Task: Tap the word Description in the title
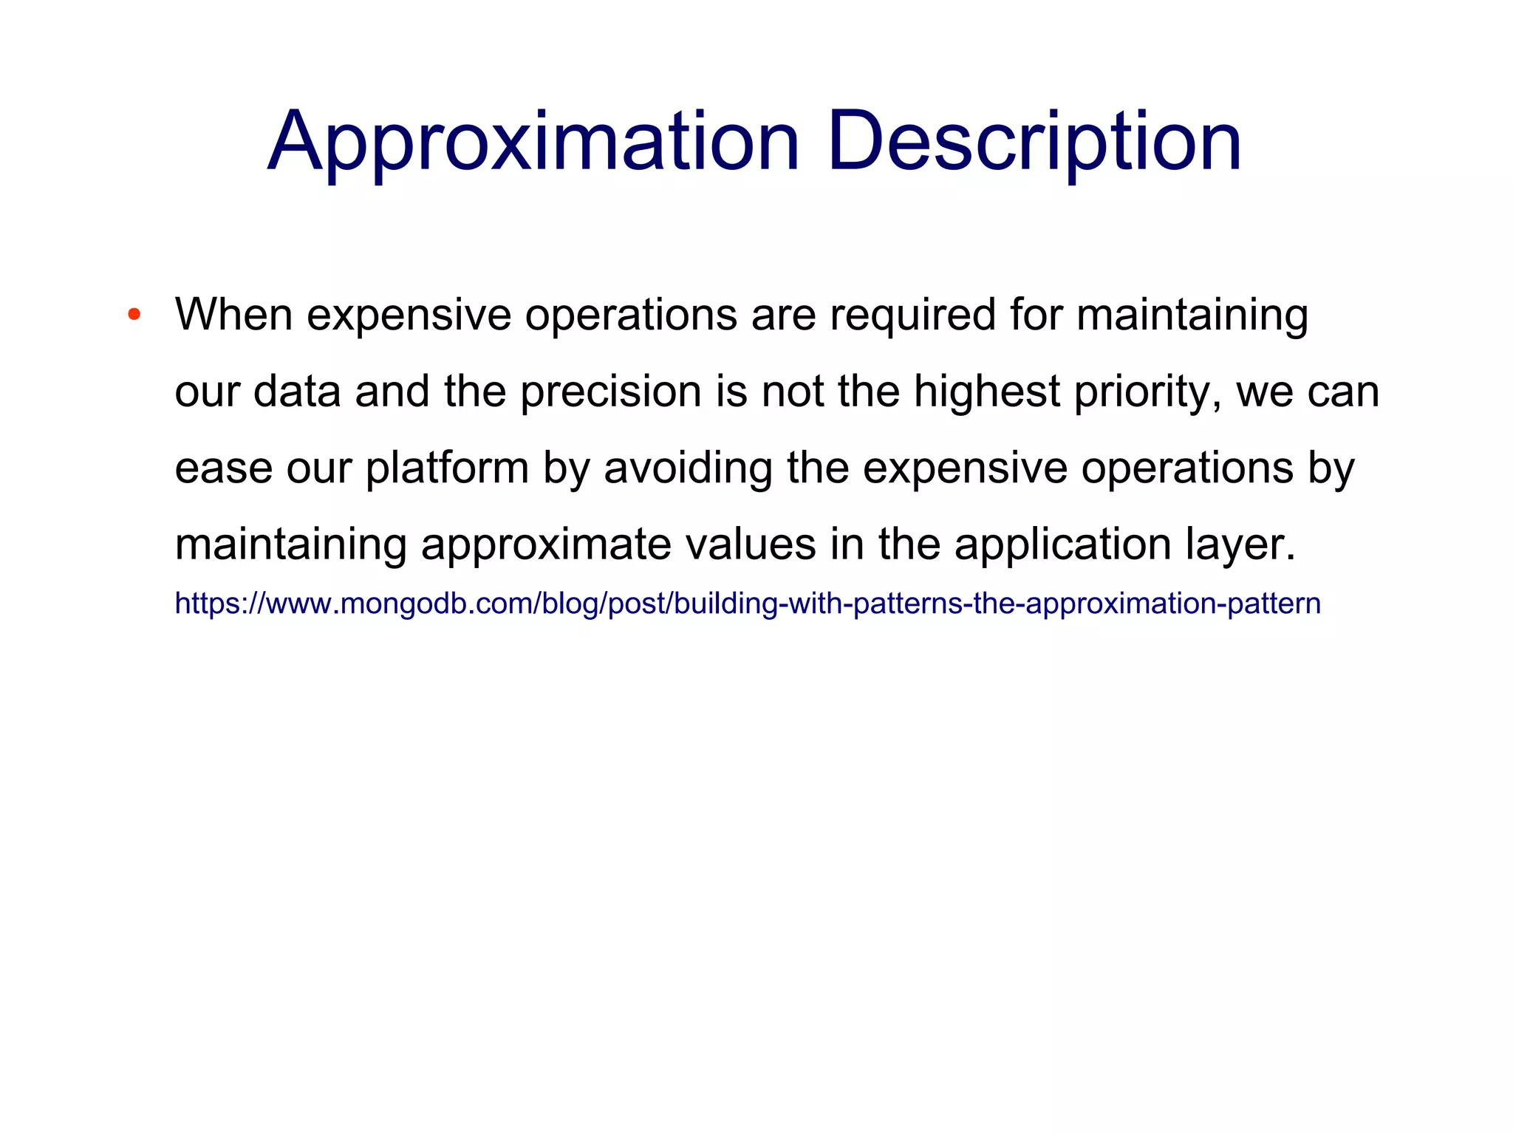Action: [x=1034, y=142]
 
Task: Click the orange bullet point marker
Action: [x=134, y=315]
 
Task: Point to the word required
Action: [x=912, y=316]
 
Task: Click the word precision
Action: [x=610, y=392]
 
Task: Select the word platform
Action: [x=447, y=469]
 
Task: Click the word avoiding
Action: [x=688, y=469]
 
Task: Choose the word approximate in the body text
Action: [x=546, y=545]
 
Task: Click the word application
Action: [x=1062, y=545]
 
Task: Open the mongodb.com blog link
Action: [x=747, y=604]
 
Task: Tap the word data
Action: [x=297, y=392]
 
